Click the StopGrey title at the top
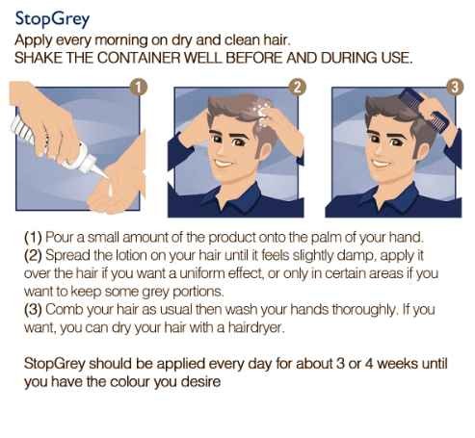52,19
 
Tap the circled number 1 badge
139,88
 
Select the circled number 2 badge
297,87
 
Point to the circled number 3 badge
455,87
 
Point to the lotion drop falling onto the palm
110,190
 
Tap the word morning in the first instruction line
121,40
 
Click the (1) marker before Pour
33,238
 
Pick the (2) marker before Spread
33,255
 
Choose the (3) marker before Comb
33,310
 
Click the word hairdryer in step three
256,327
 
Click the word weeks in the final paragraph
397,364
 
